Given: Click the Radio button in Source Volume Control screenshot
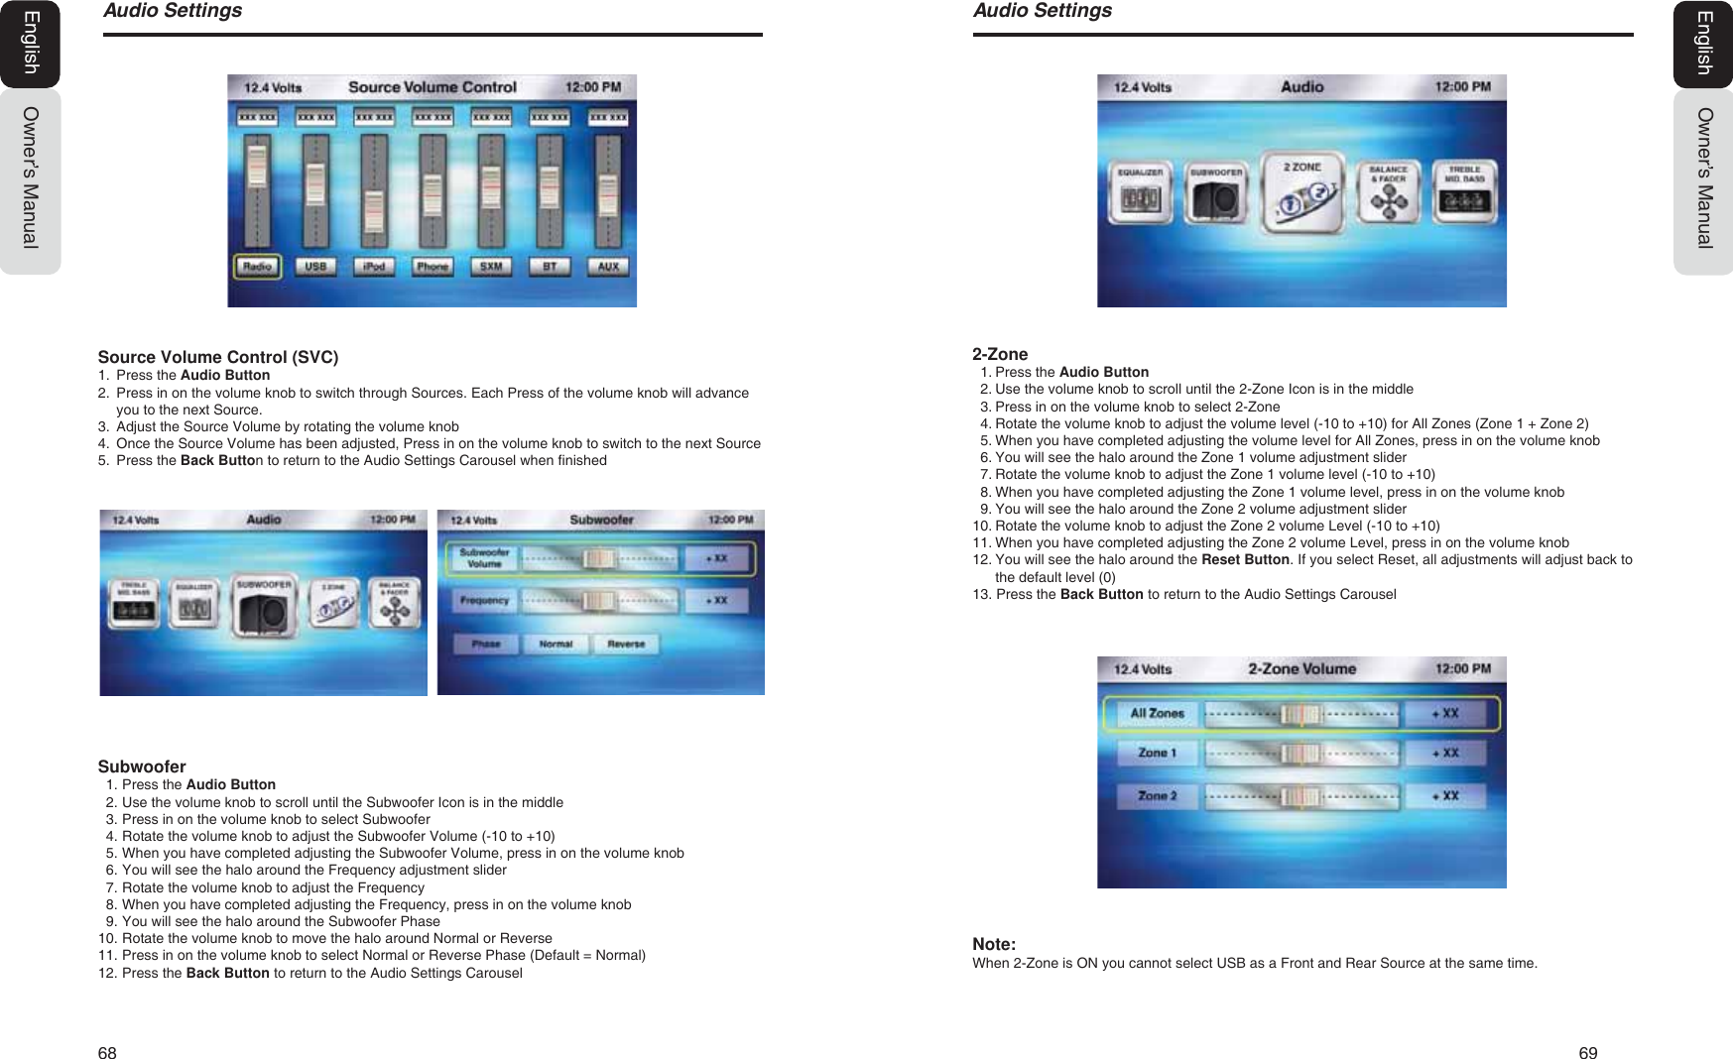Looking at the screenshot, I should [x=258, y=266].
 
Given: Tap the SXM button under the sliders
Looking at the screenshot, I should [x=491, y=266].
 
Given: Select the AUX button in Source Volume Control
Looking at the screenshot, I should [x=608, y=266].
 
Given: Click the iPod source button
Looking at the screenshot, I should [x=374, y=266].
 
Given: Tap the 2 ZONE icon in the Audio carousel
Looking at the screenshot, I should [x=1302, y=191].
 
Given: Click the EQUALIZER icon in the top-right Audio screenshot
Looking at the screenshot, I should [x=1140, y=191].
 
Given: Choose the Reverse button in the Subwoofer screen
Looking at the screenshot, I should [x=626, y=644].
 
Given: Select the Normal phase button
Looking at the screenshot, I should [x=556, y=644].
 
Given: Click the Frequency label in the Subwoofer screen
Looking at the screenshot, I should [x=484, y=600].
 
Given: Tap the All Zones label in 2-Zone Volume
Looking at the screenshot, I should [x=1157, y=713].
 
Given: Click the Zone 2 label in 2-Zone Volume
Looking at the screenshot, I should [x=1157, y=795].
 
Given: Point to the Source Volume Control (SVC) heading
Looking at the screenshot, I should [x=217, y=357].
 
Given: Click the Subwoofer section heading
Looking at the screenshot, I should [x=142, y=766].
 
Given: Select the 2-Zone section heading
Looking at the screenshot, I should [x=1000, y=354].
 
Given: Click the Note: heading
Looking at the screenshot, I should [x=994, y=944].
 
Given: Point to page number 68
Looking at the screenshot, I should [x=107, y=1053].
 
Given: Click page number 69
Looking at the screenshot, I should [x=1588, y=1053].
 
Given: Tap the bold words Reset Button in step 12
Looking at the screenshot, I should [x=1245, y=559].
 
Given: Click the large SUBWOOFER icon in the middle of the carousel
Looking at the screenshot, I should [x=264, y=604].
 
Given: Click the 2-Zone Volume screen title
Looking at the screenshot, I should [x=1301, y=669].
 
